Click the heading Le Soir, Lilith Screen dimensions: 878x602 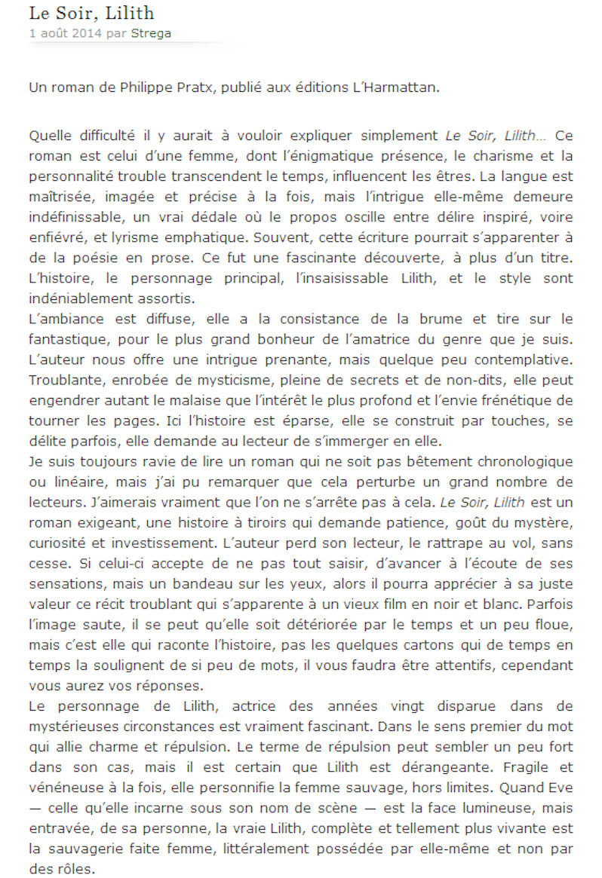[x=91, y=13]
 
